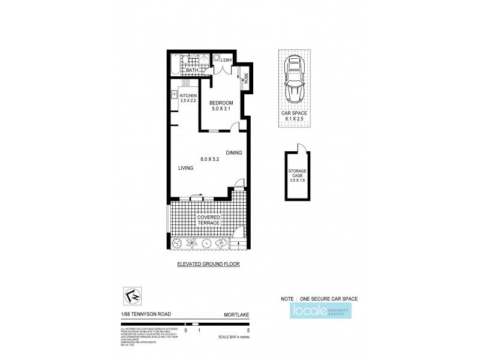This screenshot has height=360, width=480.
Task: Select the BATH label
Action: [191, 70]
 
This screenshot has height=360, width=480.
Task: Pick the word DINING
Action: [234, 152]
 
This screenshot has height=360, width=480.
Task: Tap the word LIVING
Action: [185, 169]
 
